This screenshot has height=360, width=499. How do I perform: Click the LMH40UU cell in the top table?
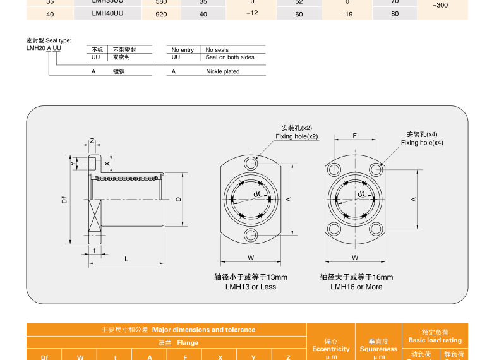[107, 13]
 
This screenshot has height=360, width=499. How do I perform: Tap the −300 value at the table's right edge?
[440, 5]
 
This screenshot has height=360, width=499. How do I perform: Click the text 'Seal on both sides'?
[230, 57]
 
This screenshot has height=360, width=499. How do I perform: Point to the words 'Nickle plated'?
[223, 71]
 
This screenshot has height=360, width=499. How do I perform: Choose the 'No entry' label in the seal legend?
[183, 50]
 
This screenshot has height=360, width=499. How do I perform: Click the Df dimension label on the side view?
[64, 200]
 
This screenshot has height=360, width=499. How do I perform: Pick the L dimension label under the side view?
[126, 259]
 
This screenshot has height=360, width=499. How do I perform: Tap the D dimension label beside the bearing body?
[179, 199]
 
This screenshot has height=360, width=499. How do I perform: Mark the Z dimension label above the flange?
[92, 141]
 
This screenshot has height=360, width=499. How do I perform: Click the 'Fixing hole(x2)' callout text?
[297, 136]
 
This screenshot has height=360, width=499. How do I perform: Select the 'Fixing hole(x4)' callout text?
[422, 143]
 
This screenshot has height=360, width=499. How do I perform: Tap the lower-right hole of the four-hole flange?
[376, 229]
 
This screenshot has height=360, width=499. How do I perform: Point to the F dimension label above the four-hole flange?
[355, 136]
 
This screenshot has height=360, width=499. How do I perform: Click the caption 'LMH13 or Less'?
[251, 287]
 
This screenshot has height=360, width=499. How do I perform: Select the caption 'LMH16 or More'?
[356, 287]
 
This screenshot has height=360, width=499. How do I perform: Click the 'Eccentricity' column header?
[330, 349]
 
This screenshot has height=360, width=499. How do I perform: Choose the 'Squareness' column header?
[379, 349]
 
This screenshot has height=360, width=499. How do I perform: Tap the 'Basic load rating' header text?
[435, 340]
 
